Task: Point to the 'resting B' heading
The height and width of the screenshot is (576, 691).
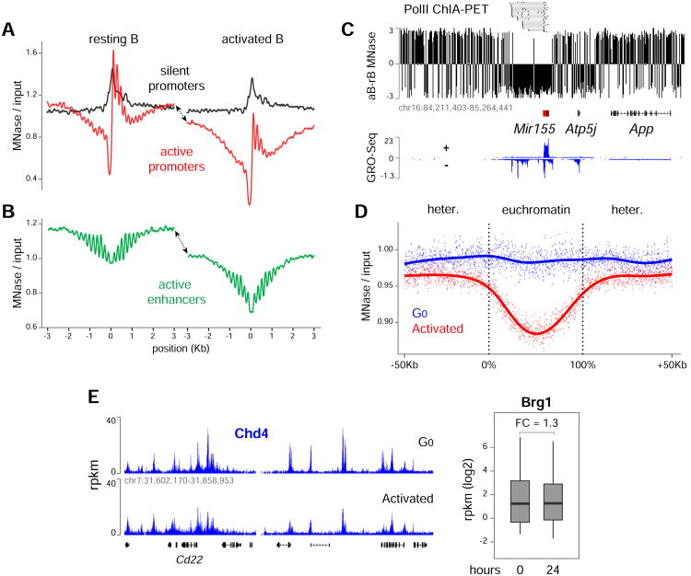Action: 115,40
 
